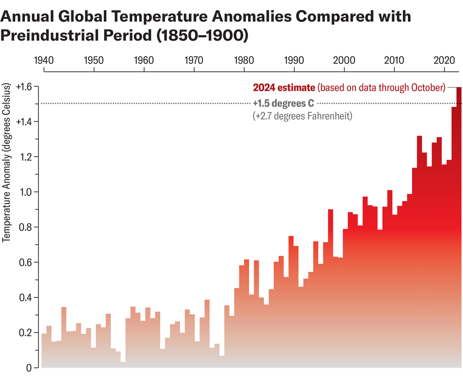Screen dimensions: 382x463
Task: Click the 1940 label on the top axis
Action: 44,60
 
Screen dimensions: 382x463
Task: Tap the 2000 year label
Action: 344,60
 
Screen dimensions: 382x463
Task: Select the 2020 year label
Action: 444,60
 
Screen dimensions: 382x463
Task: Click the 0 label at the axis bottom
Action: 29,368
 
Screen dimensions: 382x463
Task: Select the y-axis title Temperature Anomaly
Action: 6,162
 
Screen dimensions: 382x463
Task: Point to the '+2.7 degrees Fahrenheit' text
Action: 303,115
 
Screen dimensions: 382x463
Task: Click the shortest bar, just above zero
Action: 123,365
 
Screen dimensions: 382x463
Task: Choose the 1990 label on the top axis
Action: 294,60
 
